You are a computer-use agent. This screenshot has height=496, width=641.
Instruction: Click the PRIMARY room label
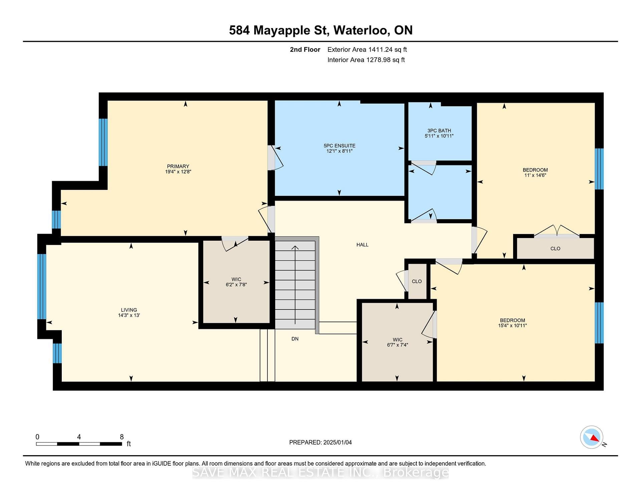click(x=178, y=166)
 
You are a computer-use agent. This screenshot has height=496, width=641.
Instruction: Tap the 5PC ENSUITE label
click(x=340, y=146)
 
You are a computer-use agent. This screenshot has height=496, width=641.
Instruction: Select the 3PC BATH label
click(x=439, y=131)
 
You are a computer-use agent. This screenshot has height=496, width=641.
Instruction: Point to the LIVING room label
click(x=129, y=310)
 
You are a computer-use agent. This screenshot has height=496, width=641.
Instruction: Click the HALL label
click(x=362, y=245)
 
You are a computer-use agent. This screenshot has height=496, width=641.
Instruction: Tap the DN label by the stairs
click(x=295, y=339)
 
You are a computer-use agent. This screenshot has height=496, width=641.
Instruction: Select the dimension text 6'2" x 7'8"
click(x=236, y=285)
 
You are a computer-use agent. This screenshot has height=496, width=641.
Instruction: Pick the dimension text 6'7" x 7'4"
click(x=397, y=345)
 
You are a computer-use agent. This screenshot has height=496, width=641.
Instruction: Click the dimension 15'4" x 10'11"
click(x=512, y=326)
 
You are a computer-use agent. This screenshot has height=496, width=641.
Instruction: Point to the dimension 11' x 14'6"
click(x=535, y=175)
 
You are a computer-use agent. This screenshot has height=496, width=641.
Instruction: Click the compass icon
click(x=592, y=437)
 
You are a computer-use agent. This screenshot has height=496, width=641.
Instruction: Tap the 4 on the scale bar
click(x=79, y=437)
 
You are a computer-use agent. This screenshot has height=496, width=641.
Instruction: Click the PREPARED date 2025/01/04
click(x=338, y=443)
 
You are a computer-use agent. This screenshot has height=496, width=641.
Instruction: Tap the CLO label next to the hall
click(x=417, y=281)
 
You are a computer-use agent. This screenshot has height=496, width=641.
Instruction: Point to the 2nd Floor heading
click(x=305, y=50)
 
